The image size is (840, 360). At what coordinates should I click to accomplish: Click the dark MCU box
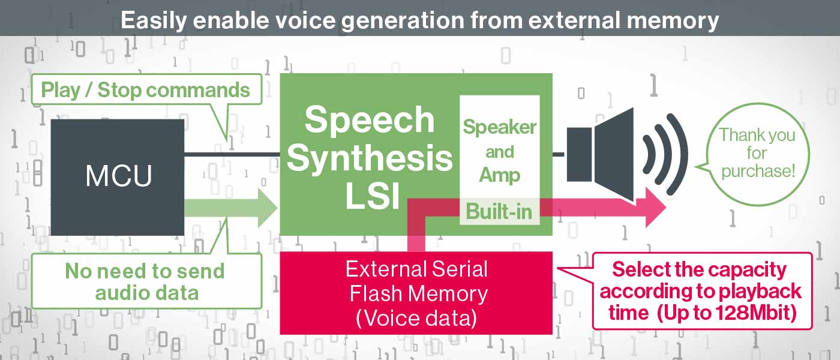pos(118,177)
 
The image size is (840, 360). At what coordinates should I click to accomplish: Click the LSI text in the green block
pos(372,195)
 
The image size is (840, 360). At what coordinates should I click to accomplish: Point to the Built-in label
pos(499,211)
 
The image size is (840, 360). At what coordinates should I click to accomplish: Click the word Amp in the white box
pos(499,175)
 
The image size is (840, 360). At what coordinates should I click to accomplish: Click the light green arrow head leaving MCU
pos(268,208)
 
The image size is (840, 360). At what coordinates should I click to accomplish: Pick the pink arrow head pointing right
pos(655,207)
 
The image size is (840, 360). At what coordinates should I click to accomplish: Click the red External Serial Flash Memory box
pos(416,293)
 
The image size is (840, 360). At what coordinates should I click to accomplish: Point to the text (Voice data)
pos(416,318)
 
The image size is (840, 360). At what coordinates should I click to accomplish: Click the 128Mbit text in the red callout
pos(753,313)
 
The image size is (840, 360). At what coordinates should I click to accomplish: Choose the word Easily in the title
pos(154,20)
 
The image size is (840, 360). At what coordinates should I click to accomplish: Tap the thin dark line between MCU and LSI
pos(232,154)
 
